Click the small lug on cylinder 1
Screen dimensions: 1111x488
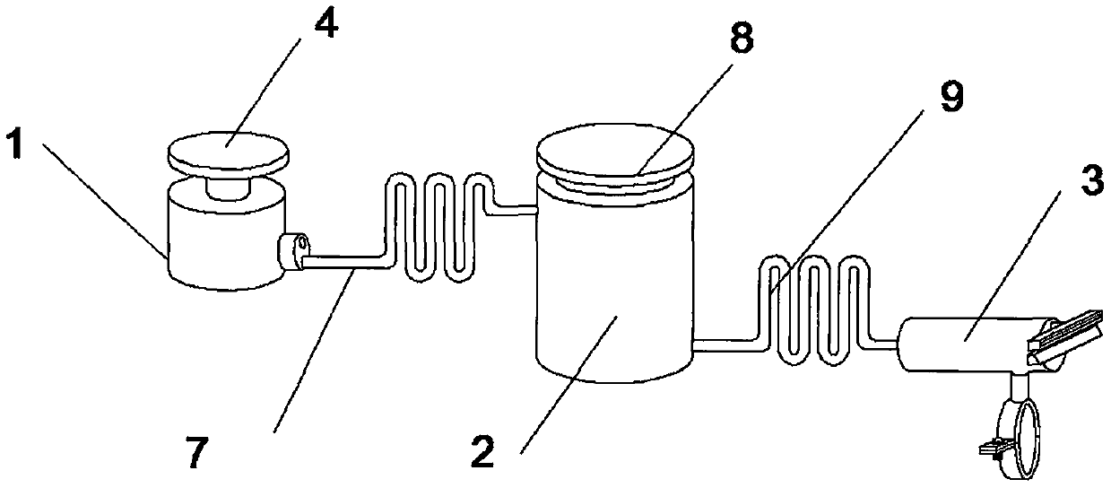[x=294, y=249]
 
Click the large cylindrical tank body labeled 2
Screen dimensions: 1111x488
[x=613, y=287]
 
